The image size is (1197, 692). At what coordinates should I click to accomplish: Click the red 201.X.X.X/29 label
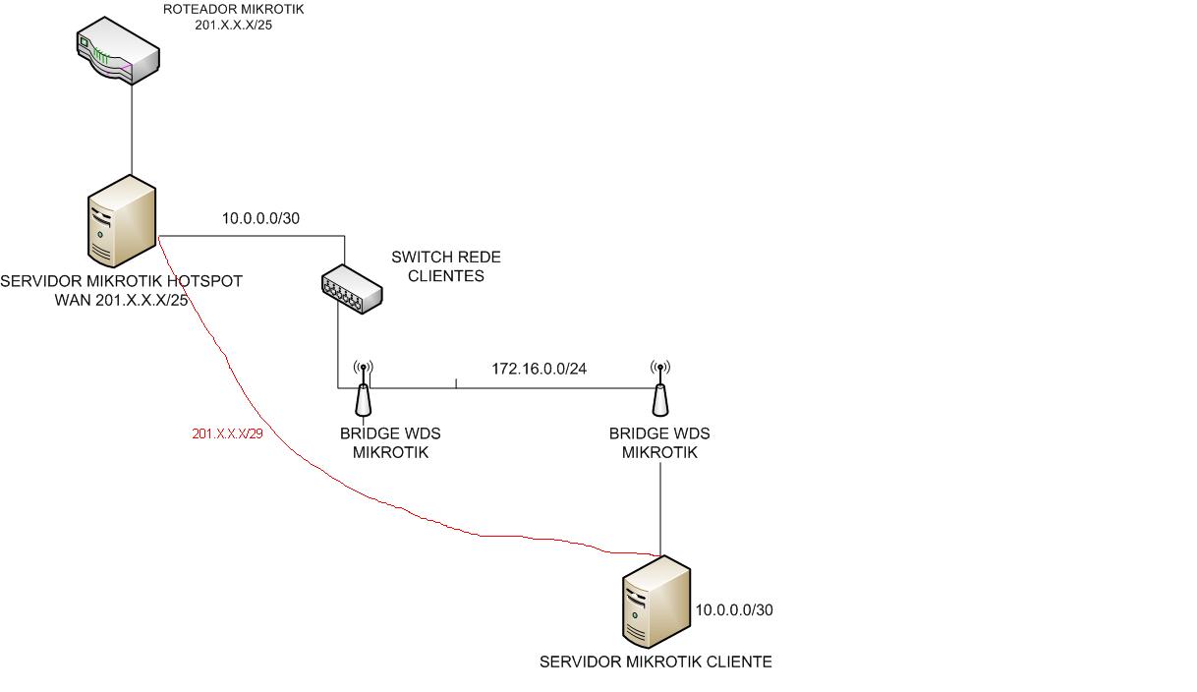click(x=227, y=433)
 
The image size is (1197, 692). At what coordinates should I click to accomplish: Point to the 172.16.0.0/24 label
click(x=540, y=370)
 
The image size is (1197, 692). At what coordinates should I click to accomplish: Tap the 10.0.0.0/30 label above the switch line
click(x=260, y=218)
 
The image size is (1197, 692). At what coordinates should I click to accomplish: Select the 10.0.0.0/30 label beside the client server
click(x=734, y=610)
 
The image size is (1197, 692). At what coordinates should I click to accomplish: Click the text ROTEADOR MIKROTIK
click(x=234, y=10)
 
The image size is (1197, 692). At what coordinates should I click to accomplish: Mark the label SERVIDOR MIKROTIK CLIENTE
click(x=655, y=663)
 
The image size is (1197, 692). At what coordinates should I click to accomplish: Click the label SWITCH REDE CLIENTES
click(x=446, y=266)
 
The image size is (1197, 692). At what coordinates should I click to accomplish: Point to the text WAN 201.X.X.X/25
click(x=121, y=300)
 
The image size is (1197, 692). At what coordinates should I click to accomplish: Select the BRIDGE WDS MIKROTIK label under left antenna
click(x=390, y=443)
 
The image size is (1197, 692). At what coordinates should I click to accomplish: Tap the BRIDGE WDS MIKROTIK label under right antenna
click(x=659, y=443)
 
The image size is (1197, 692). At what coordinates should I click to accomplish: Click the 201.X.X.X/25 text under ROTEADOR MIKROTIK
click(x=234, y=25)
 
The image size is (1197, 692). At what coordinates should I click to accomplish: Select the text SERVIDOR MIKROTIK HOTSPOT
click(x=121, y=281)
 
